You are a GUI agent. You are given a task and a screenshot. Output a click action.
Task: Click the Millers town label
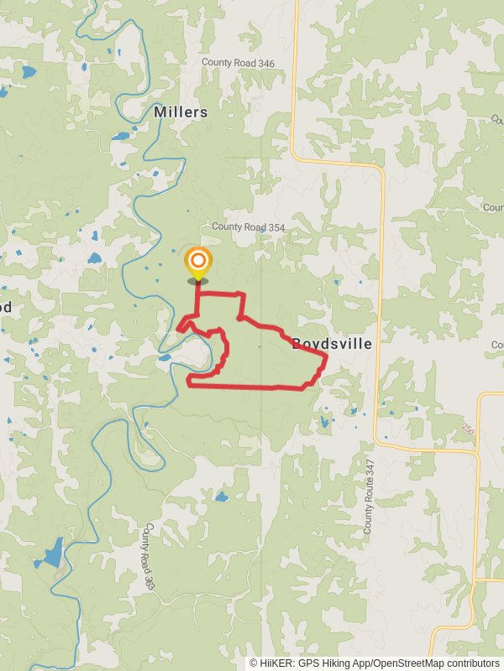point(181,112)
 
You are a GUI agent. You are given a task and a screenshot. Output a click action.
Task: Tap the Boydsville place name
point(332,343)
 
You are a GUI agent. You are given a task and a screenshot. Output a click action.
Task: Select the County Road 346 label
point(238,63)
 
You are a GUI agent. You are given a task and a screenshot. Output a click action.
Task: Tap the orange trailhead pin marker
point(197,263)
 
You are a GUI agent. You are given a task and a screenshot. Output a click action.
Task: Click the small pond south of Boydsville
point(324,423)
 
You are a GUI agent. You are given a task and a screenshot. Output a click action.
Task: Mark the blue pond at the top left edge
point(29,71)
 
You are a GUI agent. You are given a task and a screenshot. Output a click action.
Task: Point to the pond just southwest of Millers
point(121,136)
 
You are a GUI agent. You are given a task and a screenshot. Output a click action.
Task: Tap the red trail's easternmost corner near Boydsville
point(325,356)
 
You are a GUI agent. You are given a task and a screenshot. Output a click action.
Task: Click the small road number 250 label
point(467,429)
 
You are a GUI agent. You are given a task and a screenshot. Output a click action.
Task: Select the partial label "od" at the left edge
point(6,307)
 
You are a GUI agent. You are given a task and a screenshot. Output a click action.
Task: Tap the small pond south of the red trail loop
point(221,497)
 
